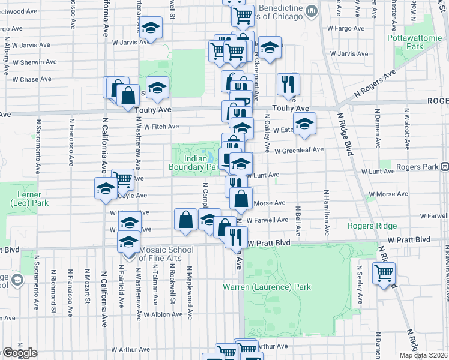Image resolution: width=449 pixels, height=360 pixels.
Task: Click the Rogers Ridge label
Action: point(372,226)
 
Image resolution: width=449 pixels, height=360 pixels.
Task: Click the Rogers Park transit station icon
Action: point(444,166)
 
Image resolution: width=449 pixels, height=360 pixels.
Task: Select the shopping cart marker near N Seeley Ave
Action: point(384,274)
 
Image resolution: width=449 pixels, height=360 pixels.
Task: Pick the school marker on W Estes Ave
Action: point(304,124)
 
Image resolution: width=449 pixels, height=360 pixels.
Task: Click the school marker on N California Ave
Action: point(106,188)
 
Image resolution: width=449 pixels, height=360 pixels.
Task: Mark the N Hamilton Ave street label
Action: point(327,212)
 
